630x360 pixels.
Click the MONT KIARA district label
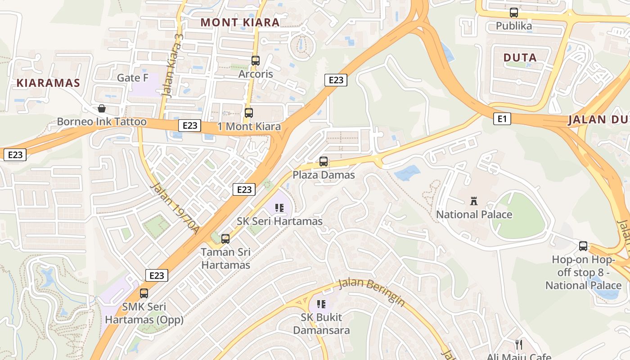pos(240,22)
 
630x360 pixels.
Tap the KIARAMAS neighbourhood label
pos(48,83)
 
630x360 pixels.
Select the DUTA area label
pos(520,58)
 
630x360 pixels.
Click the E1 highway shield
pos(502,119)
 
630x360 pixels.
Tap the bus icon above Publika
pos(513,13)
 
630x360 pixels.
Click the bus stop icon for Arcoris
pos(256,60)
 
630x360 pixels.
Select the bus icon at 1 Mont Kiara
pos(248,113)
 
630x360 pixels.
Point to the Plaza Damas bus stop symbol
pos(324,161)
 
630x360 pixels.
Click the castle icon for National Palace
pos(473,201)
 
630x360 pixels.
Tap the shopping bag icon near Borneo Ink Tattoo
pos(102,108)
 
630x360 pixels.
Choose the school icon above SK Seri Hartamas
pos(279,208)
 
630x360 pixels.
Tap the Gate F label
pos(132,78)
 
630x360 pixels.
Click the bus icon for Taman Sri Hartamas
pos(225,238)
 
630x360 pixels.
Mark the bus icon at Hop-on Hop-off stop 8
pos(583,246)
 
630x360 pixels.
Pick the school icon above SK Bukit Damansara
pos(321,304)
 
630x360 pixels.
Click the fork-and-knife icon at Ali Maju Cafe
pos(519,345)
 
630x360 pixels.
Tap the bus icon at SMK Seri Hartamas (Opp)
pos(144,293)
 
